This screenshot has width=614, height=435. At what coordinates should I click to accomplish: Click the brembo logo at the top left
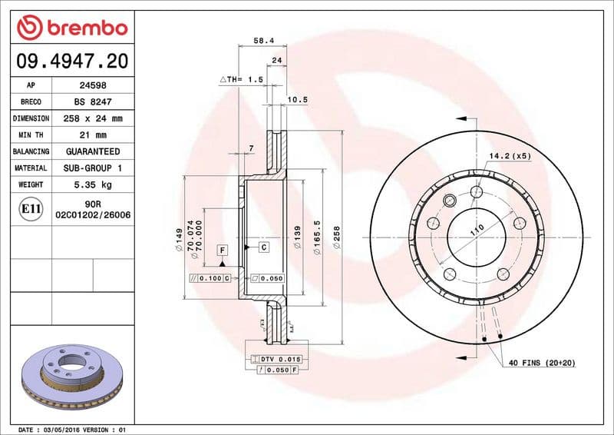click(x=71, y=28)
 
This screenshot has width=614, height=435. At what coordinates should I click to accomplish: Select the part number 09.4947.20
click(x=71, y=60)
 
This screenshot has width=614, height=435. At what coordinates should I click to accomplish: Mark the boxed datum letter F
click(x=222, y=250)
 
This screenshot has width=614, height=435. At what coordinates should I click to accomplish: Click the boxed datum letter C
click(x=263, y=247)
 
